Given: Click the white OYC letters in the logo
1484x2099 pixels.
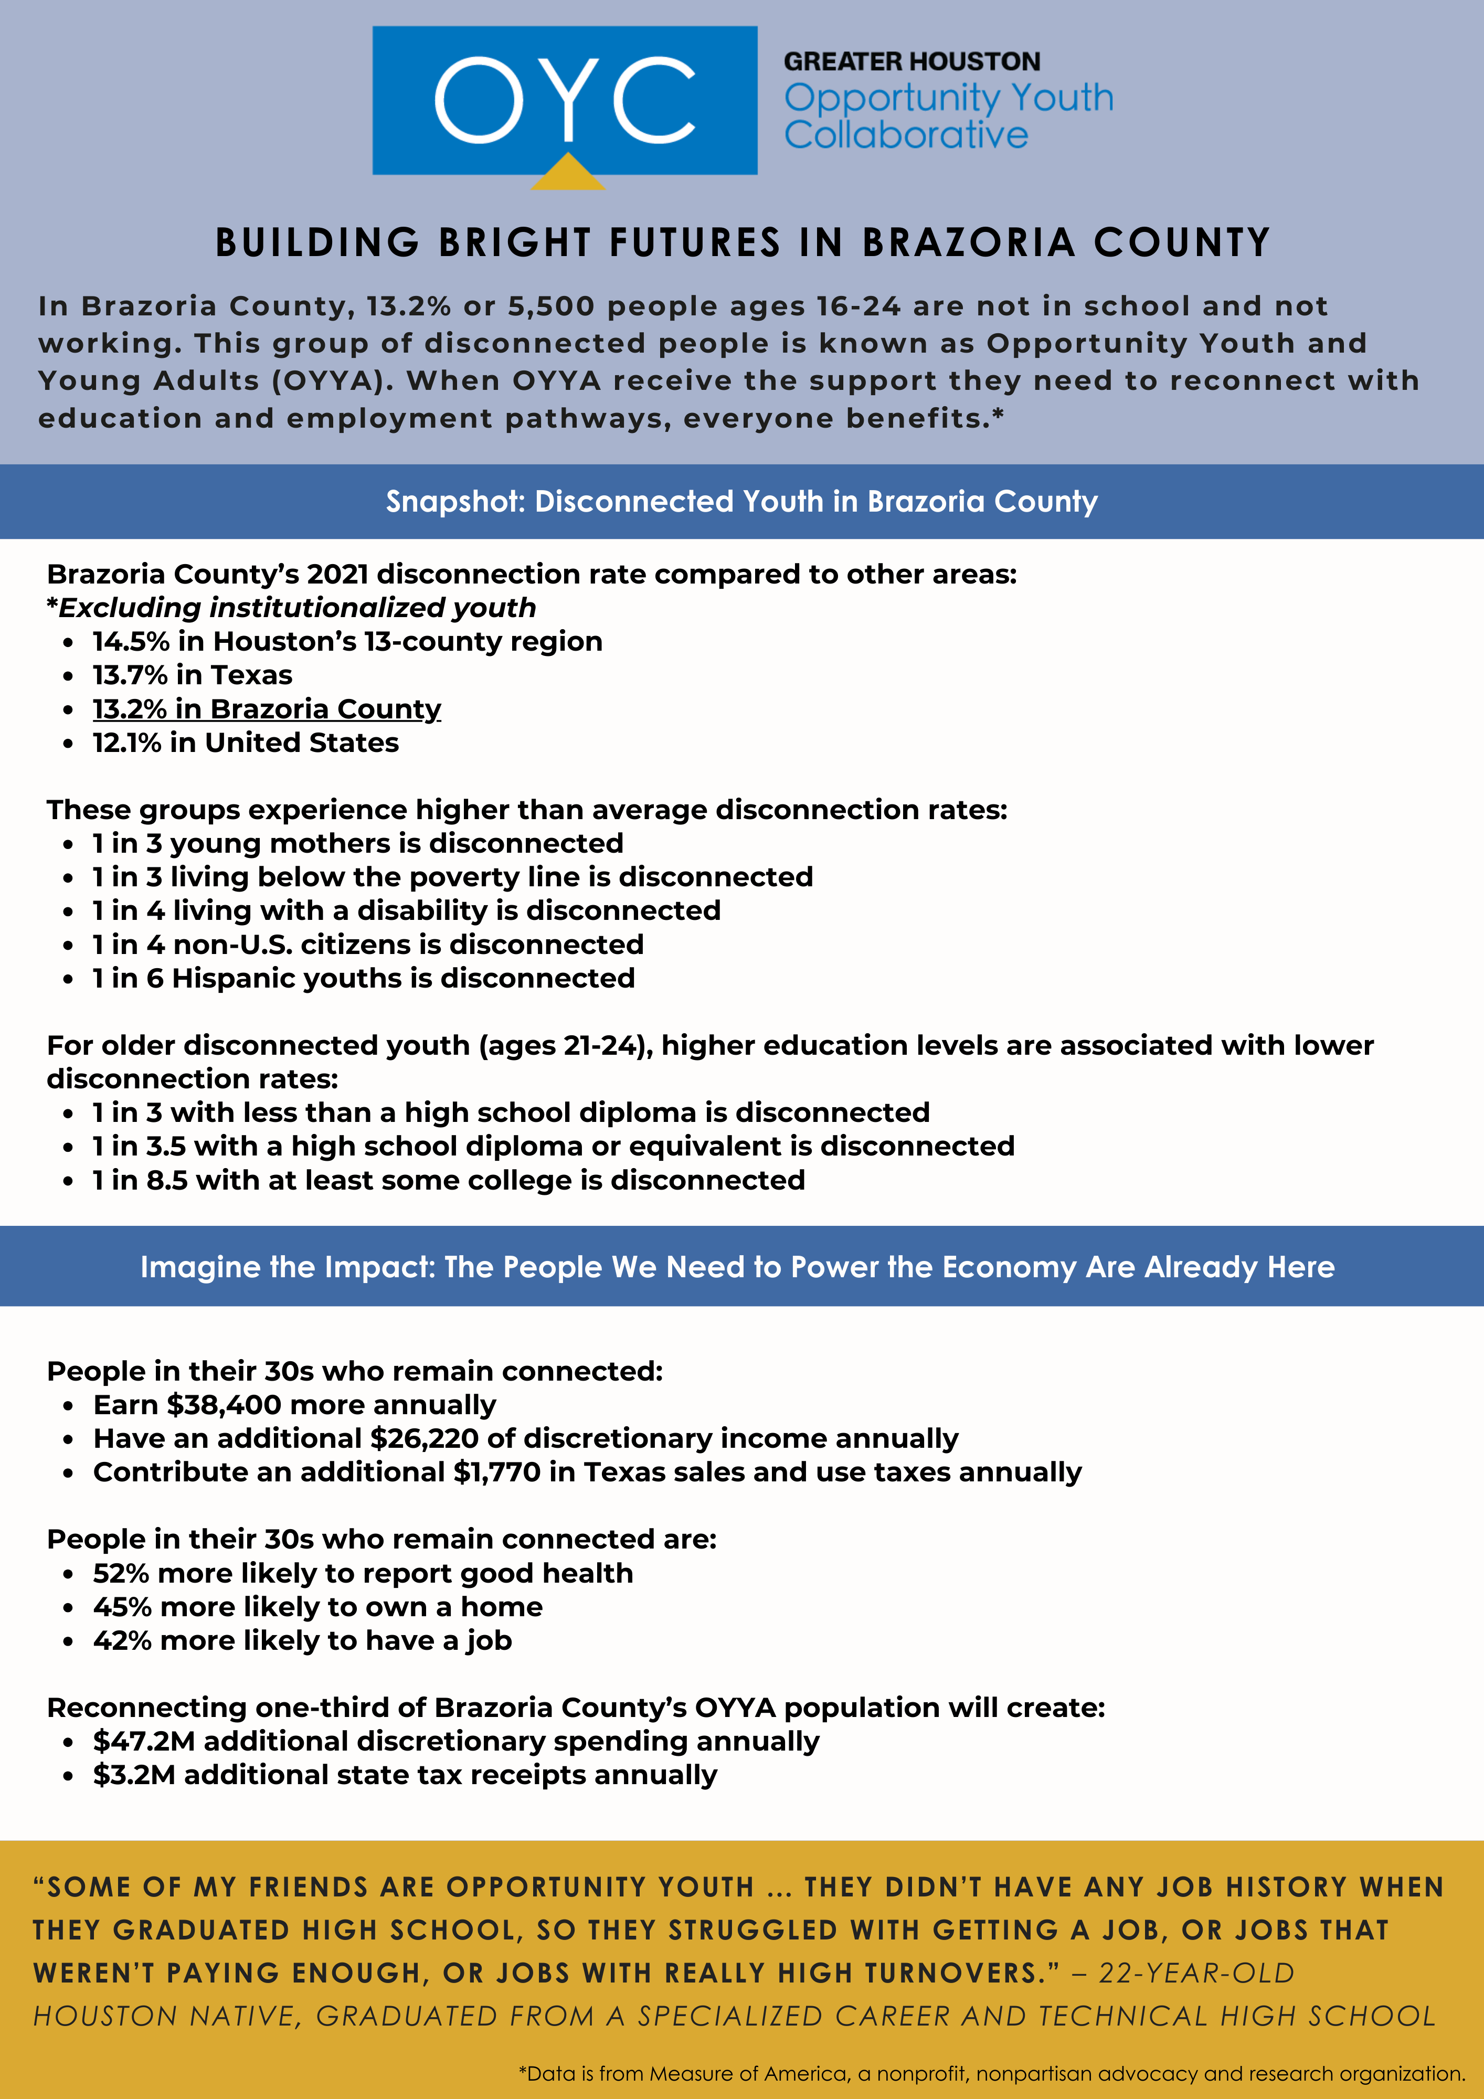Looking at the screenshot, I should click(564, 101).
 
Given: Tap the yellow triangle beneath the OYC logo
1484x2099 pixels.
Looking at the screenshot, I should click(568, 174).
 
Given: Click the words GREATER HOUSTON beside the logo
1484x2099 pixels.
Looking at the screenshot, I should click(911, 62).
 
